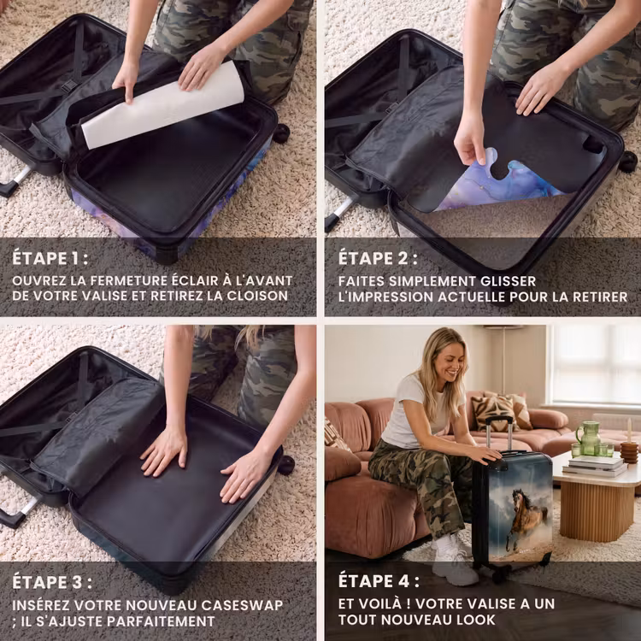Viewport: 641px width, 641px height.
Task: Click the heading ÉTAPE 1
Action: coord(50,258)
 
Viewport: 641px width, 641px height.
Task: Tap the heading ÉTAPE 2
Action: coord(378,258)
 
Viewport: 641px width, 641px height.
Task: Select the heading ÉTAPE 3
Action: coord(52,582)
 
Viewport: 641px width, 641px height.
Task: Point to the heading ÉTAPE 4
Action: coord(379,581)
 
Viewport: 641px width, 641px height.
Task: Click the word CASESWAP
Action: coord(242,605)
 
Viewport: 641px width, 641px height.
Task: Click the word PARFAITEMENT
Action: coord(161,621)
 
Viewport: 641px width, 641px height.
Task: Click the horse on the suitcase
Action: coord(526,515)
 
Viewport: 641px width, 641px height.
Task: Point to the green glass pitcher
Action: coord(588,438)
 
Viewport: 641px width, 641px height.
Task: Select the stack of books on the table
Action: coord(595,466)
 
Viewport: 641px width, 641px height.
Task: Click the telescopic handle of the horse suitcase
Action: coord(499,433)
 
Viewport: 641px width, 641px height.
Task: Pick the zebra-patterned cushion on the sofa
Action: coord(491,413)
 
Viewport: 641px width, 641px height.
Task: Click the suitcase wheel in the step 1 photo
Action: coord(281,133)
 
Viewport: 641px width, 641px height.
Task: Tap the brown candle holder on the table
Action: coord(629,452)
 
